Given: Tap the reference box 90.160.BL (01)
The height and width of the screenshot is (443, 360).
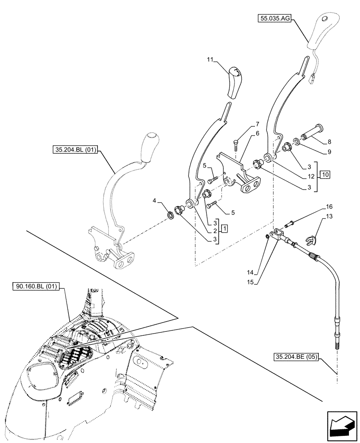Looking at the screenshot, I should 39,287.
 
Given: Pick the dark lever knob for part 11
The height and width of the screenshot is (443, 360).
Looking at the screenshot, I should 236,82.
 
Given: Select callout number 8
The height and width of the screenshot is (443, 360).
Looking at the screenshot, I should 329,142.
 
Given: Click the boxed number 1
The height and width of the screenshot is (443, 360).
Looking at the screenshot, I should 225,228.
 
